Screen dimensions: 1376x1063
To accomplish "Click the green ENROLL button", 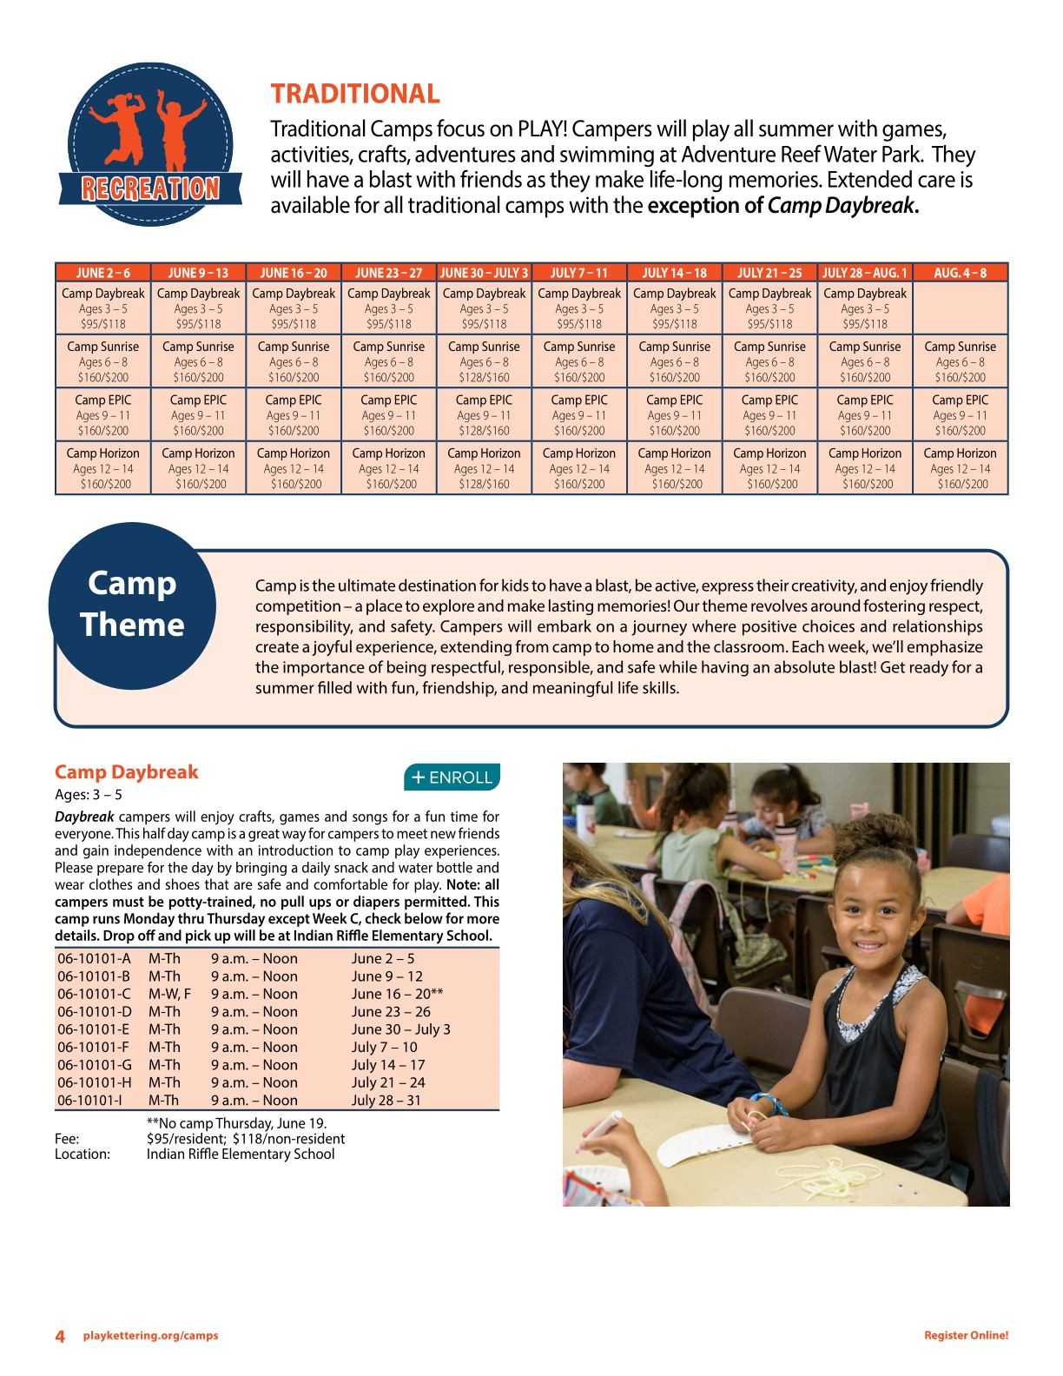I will [x=452, y=777].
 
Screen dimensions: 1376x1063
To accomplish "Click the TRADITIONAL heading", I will [x=354, y=94].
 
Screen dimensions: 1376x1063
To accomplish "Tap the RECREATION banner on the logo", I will [x=150, y=189].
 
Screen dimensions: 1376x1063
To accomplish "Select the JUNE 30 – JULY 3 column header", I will [x=484, y=273].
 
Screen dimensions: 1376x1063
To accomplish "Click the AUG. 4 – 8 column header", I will [x=960, y=273].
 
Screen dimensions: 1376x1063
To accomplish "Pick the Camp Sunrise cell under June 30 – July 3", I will [x=484, y=361].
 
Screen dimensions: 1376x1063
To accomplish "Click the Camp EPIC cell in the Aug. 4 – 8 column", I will [x=960, y=414].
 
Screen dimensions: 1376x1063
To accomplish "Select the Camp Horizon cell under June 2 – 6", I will [x=103, y=468].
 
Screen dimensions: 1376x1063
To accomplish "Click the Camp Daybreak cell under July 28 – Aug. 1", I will [x=864, y=308].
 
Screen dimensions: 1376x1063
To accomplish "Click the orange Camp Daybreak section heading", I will [x=127, y=772].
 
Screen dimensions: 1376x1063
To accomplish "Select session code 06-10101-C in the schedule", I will [x=95, y=994].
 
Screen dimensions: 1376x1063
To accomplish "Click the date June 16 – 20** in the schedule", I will [x=397, y=994].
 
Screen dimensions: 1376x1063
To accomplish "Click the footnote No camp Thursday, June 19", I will [x=237, y=1123].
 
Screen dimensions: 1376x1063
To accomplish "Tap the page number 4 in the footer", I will [x=60, y=1336].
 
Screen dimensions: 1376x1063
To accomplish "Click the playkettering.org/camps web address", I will [x=150, y=1336].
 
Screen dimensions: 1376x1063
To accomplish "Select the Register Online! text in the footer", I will [x=966, y=1336].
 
